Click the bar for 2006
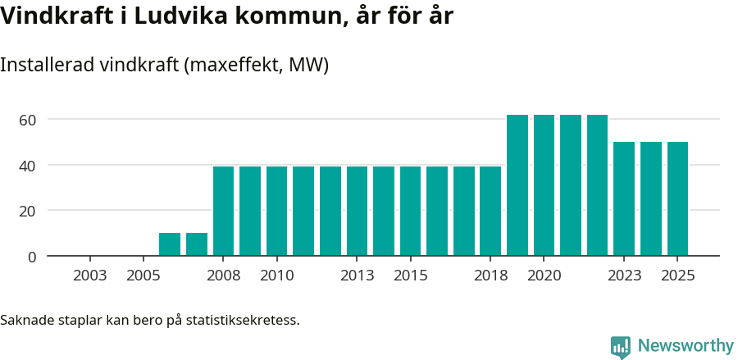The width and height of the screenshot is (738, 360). click(170, 244)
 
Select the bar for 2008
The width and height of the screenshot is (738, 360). click(223, 211)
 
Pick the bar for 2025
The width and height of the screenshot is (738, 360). click(677, 198)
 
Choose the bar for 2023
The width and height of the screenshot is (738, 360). click(624, 198)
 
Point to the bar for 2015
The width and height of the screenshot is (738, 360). click(410, 211)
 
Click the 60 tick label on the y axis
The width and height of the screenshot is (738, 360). click(28, 120)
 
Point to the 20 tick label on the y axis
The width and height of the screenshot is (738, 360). click(28, 211)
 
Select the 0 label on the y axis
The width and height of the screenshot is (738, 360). click(32, 257)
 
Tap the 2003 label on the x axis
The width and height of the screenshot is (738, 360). click(89, 276)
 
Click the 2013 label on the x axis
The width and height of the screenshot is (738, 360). click(357, 276)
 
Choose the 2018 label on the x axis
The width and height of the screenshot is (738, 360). click(490, 276)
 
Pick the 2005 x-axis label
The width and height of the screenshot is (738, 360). click(143, 276)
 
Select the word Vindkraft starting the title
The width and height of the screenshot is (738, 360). click(51, 16)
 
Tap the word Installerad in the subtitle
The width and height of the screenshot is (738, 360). click(47, 65)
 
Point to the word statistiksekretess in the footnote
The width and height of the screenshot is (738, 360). click(243, 320)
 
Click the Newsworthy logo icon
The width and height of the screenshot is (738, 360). click(621, 347)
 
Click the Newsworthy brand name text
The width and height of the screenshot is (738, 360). click(686, 346)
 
